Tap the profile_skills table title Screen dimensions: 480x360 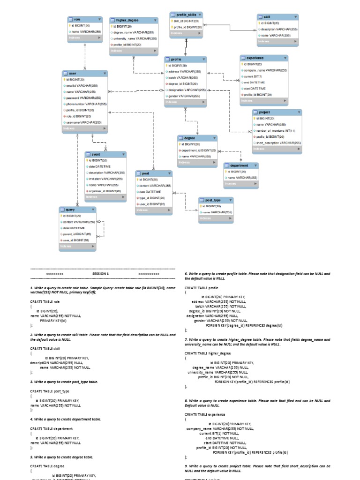(186, 15)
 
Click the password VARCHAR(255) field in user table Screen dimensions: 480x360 (84, 98)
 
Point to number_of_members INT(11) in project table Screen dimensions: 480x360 (276, 131)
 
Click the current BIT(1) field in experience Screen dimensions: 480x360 (254, 76)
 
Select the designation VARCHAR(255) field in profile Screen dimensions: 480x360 (187, 90)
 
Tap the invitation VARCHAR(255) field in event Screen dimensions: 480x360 (105, 179)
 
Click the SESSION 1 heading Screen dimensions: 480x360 (100, 274)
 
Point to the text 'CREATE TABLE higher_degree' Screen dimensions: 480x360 (208, 353)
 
